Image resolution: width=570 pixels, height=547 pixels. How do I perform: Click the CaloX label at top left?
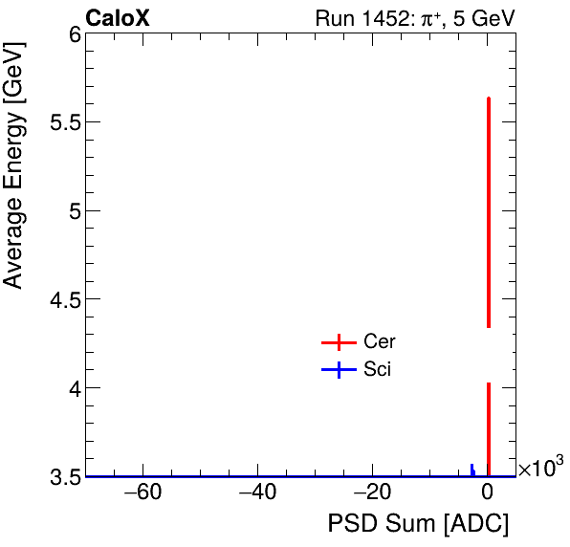[x=118, y=17]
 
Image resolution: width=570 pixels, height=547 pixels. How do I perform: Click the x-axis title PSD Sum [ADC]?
[x=418, y=524]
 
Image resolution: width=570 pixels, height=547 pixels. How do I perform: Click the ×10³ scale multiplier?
[x=540, y=468]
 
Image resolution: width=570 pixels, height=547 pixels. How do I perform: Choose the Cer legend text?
[x=380, y=342]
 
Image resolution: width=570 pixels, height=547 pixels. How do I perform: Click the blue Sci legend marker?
[x=339, y=370]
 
